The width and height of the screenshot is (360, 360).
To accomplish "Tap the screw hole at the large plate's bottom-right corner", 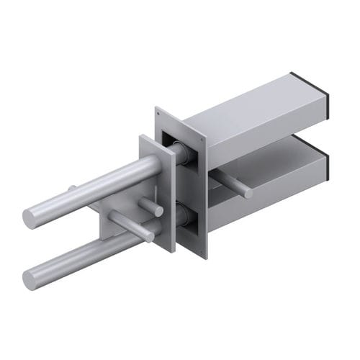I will (x=203, y=252).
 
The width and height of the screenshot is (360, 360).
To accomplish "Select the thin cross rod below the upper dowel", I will (x=130, y=225).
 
